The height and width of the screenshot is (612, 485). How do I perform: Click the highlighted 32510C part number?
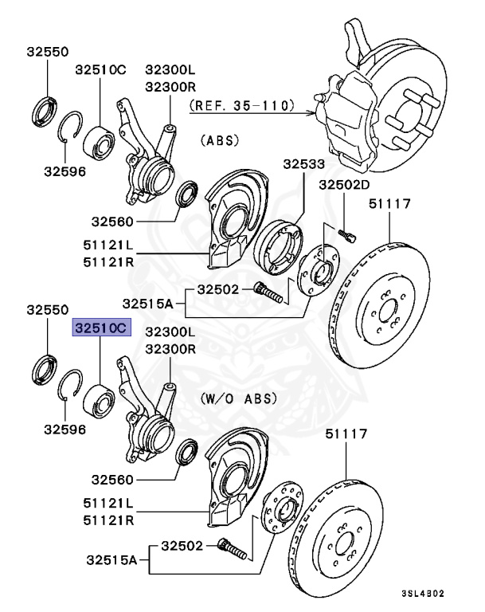coord(100,328)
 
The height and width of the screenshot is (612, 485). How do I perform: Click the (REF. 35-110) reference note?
coord(242,104)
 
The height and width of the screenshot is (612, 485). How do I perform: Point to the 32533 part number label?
coord(303,165)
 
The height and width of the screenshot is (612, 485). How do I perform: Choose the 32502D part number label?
coord(345,185)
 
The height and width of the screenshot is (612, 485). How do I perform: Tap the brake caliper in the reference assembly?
coord(344,116)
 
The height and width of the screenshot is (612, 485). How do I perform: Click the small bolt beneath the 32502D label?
coord(346,232)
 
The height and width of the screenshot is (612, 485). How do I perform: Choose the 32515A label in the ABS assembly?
coord(147,303)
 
